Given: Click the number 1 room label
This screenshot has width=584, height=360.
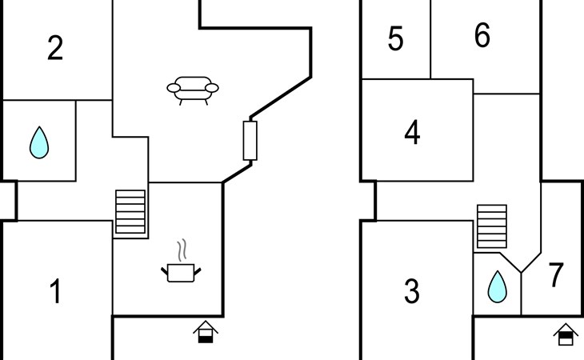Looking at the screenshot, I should pos(55,292).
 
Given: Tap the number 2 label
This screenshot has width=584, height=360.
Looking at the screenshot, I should pos(55,49).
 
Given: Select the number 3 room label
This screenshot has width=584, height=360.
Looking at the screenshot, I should pos(412,292).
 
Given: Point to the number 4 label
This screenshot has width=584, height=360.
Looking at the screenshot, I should pos(412,133).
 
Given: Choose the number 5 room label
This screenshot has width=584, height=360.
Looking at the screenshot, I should pos(395,39).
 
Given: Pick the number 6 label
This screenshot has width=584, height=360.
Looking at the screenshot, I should pos(482,36).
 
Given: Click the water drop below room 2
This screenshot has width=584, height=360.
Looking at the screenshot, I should pos(38,142).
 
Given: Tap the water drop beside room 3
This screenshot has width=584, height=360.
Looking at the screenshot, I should pos(498,286).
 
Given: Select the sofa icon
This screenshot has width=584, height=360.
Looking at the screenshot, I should pos(192,90).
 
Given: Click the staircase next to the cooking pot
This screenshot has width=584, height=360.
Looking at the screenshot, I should pos(131,211).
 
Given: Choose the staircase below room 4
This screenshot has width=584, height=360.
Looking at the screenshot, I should pos(492,226).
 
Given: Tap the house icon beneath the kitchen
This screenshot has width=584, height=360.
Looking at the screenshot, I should pos(206,332).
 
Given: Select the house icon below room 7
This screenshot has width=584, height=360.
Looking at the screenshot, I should pos(566,333).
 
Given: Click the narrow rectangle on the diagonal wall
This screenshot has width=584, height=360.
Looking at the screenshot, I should pos(250,141).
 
